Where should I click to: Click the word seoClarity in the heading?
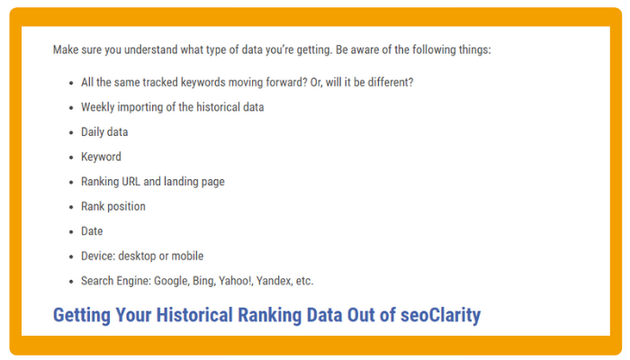pyautogui.click(x=440, y=315)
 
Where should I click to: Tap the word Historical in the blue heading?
pyautogui.click(x=194, y=315)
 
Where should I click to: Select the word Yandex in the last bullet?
pyautogui.click(x=274, y=281)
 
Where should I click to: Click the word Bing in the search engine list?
pyautogui.click(x=203, y=281)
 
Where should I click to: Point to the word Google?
pyautogui.click(x=171, y=281)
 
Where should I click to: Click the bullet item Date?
pyautogui.click(x=92, y=231)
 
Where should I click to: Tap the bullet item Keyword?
pyautogui.click(x=101, y=157)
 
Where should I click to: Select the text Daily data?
pyautogui.click(x=104, y=131)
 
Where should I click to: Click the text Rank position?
pyautogui.click(x=113, y=206)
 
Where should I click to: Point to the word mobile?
pyautogui.click(x=187, y=256)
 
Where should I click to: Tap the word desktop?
pyautogui.click(x=137, y=256)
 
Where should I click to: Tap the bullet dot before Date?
pyautogui.click(x=71, y=232)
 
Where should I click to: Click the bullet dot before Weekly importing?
pyautogui.click(x=71, y=108)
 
